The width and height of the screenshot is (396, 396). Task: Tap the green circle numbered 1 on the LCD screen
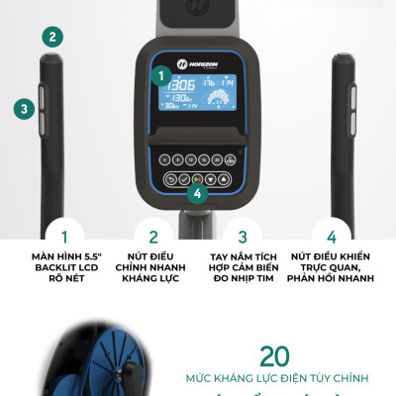(x=160, y=74)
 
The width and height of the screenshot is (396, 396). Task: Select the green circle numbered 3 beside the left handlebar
(x=22, y=109)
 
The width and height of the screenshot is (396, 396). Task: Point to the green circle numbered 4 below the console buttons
(x=198, y=193)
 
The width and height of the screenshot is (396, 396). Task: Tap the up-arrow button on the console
(x=224, y=179)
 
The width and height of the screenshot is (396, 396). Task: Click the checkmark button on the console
(x=184, y=179)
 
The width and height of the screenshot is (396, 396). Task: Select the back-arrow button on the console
(x=170, y=179)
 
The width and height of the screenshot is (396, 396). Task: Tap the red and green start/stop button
(x=197, y=179)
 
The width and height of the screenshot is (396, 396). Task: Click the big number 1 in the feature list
(x=64, y=238)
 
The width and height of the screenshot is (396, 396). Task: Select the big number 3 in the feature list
(x=242, y=238)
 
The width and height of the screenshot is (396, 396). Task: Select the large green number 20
(x=274, y=356)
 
